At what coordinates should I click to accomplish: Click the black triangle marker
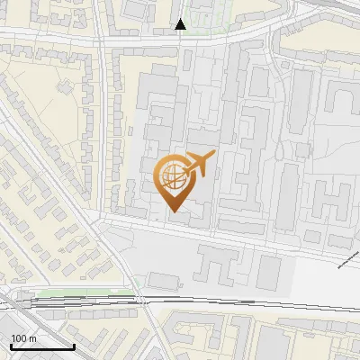pyautogui.click(x=181, y=24)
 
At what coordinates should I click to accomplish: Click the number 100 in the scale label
pyautogui.click(x=19, y=338)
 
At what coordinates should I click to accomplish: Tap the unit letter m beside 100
pyautogui.click(x=32, y=338)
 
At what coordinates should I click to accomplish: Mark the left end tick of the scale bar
pyautogui.click(x=11, y=346)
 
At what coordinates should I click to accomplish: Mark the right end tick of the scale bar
pyautogui.click(x=74, y=346)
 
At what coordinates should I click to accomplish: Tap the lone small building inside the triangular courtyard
pyautogui.click(x=65, y=87)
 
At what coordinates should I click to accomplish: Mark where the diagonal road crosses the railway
pyautogui.click(x=144, y=301)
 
